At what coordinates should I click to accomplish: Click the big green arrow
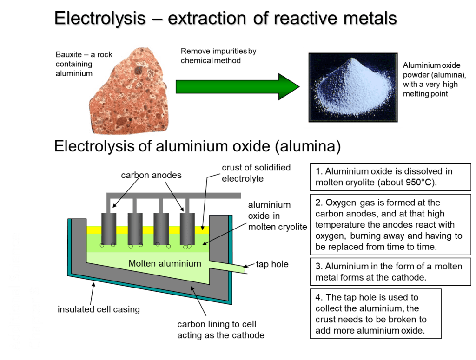coord(237,86)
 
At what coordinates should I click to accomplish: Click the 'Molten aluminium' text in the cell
coord(165,264)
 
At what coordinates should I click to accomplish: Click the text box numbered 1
coord(390,177)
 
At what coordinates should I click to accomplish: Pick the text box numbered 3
coord(390,272)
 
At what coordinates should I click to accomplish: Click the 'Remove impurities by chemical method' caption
coord(218,56)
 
